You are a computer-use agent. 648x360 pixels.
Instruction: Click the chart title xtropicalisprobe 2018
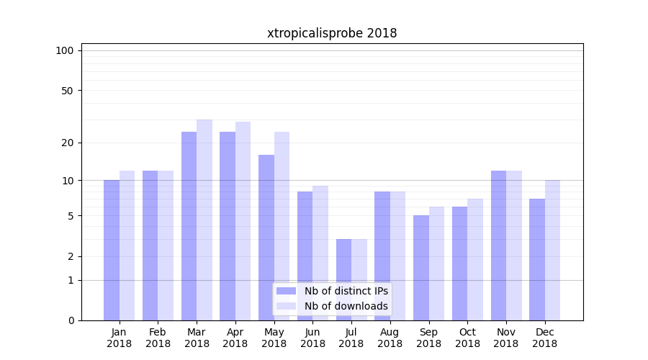pyautogui.click(x=332, y=33)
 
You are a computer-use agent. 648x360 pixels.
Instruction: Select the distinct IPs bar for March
pyautogui.click(x=189, y=226)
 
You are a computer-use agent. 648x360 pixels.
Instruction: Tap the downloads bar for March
pyautogui.click(x=204, y=220)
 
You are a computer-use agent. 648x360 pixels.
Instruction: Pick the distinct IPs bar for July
pyautogui.click(x=343, y=279)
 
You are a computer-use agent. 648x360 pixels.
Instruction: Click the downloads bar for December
pyautogui.click(x=552, y=250)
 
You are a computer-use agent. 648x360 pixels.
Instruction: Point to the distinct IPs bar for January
pyautogui.click(x=112, y=250)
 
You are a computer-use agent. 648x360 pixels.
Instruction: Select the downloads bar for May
pyautogui.click(x=282, y=226)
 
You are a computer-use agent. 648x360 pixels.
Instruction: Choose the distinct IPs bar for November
pyautogui.click(x=498, y=246)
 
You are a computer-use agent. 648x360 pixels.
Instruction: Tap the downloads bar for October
pyautogui.click(x=475, y=259)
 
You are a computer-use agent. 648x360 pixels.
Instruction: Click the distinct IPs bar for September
pyautogui.click(x=421, y=268)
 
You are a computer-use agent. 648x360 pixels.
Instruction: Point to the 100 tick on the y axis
pyautogui.click(x=65, y=50)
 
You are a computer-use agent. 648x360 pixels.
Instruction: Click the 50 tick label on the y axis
pyautogui.click(x=67, y=91)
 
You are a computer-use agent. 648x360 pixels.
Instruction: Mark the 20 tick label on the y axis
pyautogui.click(x=67, y=143)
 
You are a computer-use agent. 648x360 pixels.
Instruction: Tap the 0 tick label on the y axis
pyautogui.click(x=71, y=320)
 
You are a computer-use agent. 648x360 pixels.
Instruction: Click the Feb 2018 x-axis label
pyautogui.click(x=158, y=338)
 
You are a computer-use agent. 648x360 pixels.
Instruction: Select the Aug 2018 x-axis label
pyautogui.click(x=390, y=338)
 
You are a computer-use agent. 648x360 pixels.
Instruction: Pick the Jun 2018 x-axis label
pyautogui.click(x=312, y=338)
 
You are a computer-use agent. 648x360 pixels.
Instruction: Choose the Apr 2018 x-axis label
pyautogui.click(x=235, y=338)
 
